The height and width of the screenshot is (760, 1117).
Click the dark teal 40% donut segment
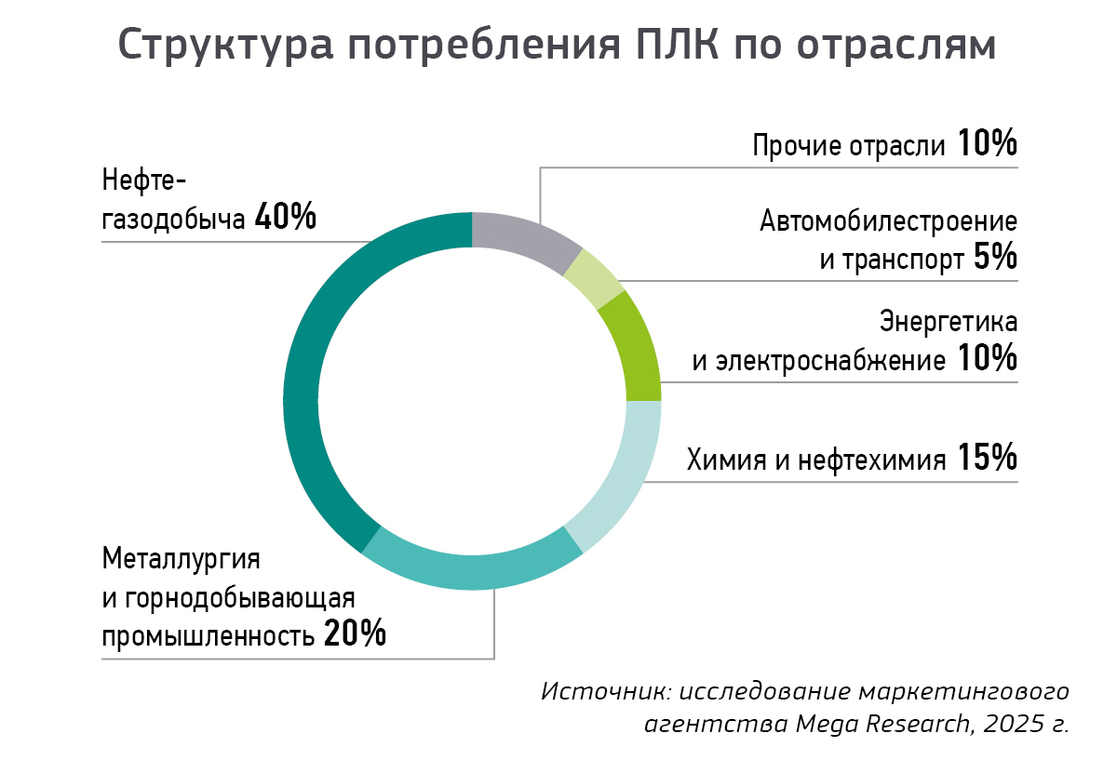(303, 391)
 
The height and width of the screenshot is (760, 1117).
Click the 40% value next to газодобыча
(285, 217)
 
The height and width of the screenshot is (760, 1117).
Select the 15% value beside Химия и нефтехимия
(986, 458)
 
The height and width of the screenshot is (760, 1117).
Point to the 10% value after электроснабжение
(986, 358)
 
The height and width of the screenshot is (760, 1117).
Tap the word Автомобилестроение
(888, 222)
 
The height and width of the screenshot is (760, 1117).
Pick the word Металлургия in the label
(181, 560)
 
